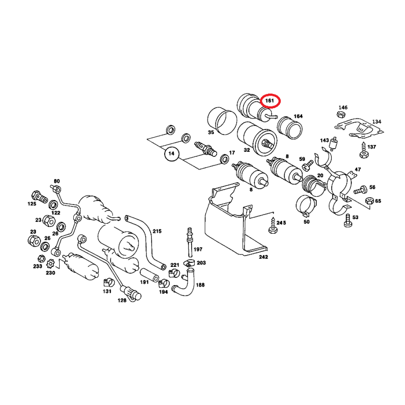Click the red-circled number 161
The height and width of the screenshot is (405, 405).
tap(269, 100)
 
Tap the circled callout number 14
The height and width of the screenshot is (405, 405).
tap(171, 153)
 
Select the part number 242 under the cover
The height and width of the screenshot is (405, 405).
tap(263, 257)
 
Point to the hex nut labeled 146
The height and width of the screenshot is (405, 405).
tap(341, 115)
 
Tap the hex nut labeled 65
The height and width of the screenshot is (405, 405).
tap(369, 201)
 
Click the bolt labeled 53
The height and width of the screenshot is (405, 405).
tap(348, 221)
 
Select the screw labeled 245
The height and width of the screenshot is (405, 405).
tap(273, 226)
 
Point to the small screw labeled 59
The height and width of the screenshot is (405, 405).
tap(308, 165)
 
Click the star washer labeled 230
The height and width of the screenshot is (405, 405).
tap(50, 264)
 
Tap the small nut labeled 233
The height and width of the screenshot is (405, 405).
tap(41, 258)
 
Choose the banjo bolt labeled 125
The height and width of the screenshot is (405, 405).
tap(39, 197)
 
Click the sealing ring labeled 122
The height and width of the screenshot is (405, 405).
tap(53, 205)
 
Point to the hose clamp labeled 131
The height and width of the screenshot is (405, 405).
tap(109, 283)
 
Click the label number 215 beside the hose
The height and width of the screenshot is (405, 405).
tap(157, 231)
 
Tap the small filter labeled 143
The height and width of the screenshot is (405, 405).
tap(333, 143)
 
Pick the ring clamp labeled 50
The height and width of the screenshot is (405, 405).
tap(306, 206)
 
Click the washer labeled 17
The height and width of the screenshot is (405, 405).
tap(224, 159)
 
